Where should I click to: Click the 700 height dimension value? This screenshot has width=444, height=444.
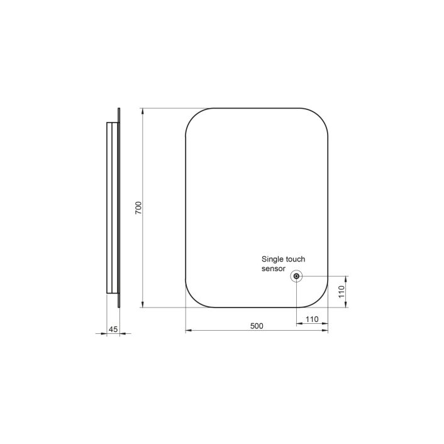139,208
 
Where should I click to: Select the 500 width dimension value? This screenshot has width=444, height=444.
256,326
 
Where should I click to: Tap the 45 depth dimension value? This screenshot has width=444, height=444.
113,329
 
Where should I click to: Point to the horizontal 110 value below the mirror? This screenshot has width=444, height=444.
312,319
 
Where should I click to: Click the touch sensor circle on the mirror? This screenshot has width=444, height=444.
296,276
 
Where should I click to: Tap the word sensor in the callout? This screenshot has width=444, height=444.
274,269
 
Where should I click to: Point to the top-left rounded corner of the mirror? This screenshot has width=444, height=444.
194,118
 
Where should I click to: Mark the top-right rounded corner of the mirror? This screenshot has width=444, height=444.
319,118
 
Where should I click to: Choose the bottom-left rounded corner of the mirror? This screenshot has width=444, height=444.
194,299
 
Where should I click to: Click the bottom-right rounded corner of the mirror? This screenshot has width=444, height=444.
319,299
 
